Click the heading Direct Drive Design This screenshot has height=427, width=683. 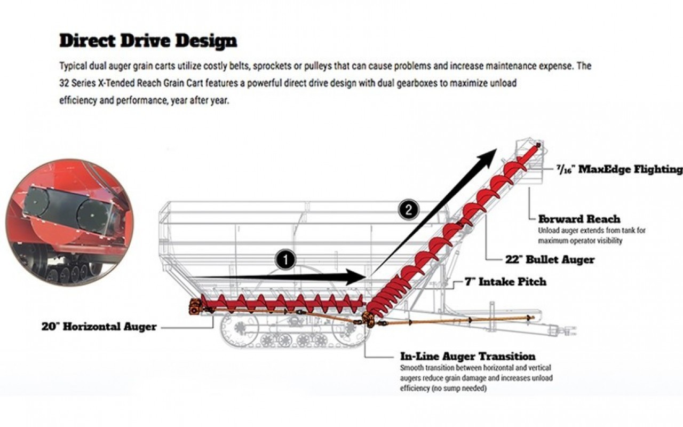coord(148,41)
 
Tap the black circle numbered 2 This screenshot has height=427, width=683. coord(408,210)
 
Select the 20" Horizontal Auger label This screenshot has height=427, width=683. coord(99,327)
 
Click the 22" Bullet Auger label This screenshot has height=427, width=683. coord(550,260)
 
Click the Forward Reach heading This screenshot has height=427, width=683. coord(579,219)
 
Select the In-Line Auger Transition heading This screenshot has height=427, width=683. coord(467,357)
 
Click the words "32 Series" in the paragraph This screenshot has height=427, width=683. coord(76,84)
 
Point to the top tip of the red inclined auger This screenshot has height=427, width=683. coord(538,145)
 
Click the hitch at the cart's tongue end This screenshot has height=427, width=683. coord(568,330)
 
